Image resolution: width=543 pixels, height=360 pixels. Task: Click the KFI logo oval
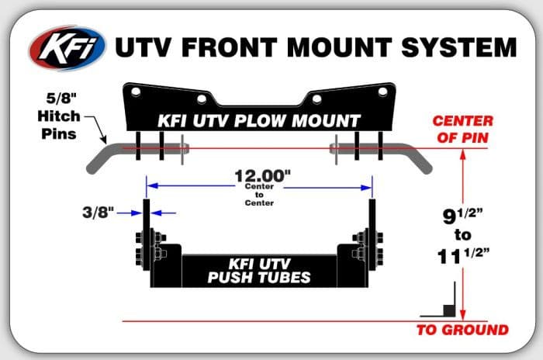coord(67,48)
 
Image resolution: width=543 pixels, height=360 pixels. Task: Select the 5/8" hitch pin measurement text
coord(61,99)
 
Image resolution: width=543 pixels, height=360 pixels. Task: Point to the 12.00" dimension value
coord(262,176)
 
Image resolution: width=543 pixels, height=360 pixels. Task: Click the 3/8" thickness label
coord(98,212)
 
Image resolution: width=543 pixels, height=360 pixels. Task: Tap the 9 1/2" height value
coord(462,216)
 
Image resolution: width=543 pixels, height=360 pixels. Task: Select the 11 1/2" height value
coord(463,256)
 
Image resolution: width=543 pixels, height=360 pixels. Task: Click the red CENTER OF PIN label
coord(462,130)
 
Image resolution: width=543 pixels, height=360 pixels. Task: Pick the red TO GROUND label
coord(462,330)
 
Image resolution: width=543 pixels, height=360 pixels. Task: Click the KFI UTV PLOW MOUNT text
coord(259,121)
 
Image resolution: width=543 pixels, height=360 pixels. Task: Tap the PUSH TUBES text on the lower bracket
coord(259,278)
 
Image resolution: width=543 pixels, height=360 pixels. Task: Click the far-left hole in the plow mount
coord(136,92)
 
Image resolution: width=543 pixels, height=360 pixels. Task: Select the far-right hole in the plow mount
coord(382,92)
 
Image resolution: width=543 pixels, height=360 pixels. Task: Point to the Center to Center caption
coord(259,195)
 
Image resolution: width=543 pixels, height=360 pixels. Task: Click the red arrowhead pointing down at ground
coord(462,315)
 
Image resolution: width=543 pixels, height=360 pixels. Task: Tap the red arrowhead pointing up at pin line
coord(462,154)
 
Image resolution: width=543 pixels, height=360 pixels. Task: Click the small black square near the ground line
coord(449,310)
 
